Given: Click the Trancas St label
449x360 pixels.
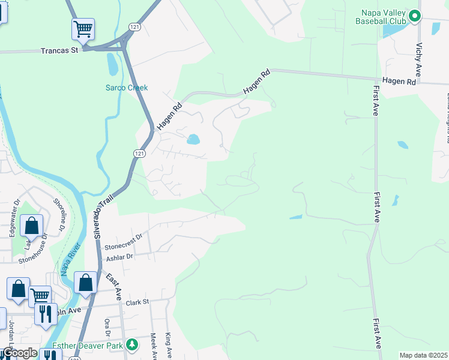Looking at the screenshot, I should coord(59,51).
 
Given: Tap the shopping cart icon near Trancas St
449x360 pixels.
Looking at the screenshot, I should coord(82,28).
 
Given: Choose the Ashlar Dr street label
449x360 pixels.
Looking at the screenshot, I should coord(119,256).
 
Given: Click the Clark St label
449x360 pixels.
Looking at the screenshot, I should coord(137,302).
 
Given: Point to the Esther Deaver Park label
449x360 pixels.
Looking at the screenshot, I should coord(88,345).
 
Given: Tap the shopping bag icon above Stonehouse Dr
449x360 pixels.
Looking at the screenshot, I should coord(32,226).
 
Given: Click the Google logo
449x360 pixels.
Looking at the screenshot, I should coord(19,353).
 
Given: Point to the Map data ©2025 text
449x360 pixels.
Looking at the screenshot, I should coord(423,355).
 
